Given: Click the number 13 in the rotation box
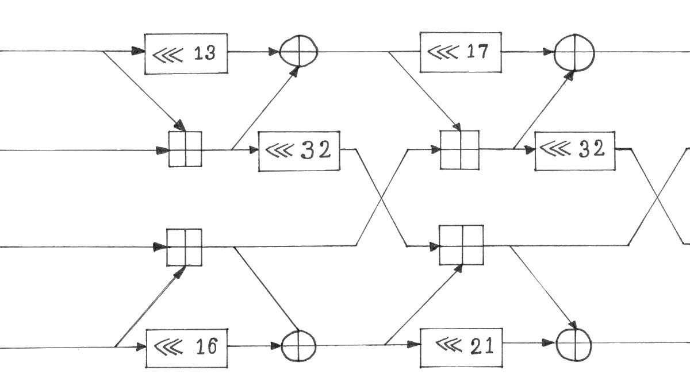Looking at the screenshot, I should (205, 53).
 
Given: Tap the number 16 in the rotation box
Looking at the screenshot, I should (206, 347).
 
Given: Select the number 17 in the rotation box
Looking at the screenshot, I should (477, 52).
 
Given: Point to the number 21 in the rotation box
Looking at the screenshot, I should (481, 346).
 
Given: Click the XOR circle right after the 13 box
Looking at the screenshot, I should (298, 52).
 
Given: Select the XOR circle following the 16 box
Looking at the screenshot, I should (298, 346).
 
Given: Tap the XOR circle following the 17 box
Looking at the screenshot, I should (574, 52).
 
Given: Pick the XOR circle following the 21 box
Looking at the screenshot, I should (574, 344).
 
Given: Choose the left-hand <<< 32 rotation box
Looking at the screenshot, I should (299, 151).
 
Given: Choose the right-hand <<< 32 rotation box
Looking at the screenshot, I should (574, 151).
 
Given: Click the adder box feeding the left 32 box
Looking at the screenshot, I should (185, 149).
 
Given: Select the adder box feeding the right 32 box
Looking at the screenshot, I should (460, 150).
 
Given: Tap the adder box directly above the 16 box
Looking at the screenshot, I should (185, 247).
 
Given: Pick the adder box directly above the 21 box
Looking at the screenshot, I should (461, 245).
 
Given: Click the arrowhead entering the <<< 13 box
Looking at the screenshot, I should (138, 51).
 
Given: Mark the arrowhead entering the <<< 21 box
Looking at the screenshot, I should (414, 345).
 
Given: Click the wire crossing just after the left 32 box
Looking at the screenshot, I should (382, 198).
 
